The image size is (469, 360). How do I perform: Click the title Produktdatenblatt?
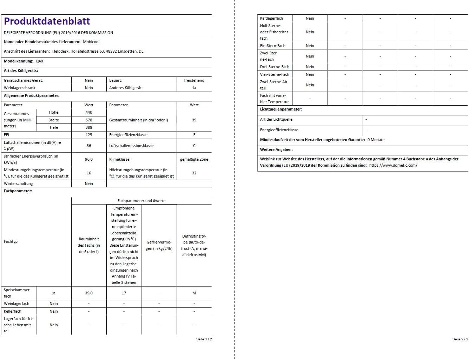coord(47,21)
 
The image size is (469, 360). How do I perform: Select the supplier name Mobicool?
coord(91,42)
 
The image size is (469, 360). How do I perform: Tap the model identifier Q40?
coord(39,61)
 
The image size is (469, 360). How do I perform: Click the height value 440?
coord(89,112)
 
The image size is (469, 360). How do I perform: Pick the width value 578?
coord(89,120)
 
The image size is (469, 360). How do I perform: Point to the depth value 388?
coord(89,127)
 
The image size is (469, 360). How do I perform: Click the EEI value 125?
coord(89,135)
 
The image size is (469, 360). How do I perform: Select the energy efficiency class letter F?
coord(194,135)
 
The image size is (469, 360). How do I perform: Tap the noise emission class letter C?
coord(194,146)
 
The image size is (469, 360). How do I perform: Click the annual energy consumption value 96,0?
coord(89,159)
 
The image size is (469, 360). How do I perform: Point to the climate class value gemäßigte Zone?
coord(194,159)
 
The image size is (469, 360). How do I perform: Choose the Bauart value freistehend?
coord(194,80)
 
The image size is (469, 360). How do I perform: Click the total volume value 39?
coord(194,120)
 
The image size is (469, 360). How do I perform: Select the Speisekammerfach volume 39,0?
coord(89,293)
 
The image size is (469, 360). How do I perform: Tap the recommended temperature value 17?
coord(124,293)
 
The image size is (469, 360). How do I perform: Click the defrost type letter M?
coord(194,293)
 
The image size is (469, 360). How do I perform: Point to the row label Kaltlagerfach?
coord(271,18)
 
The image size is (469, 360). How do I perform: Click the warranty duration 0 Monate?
coord(376,140)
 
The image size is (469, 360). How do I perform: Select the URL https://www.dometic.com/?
coord(393,165)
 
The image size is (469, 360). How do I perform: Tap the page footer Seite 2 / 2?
coord(460,339)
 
